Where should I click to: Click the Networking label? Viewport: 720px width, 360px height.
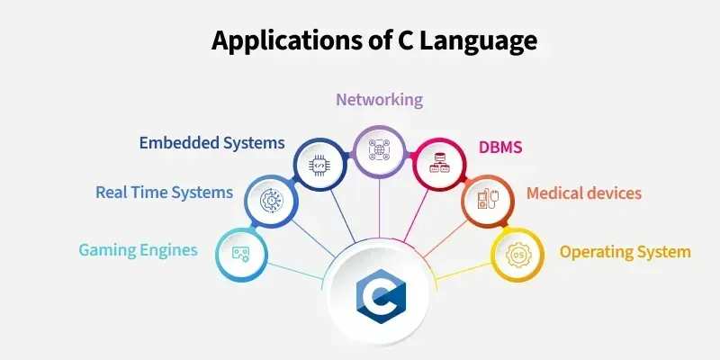pos(379,99)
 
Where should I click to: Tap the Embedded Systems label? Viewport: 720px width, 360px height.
pos(211,142)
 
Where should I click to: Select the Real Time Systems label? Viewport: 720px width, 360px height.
pos(164,192)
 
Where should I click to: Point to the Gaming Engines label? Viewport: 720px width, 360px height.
pos(138,249)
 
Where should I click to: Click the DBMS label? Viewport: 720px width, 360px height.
pos(499,145)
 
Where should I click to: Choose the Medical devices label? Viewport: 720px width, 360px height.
pos(583,193)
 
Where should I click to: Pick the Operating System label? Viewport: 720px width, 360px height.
pos(625,251)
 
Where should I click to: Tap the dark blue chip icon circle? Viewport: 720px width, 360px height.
pos(320,164)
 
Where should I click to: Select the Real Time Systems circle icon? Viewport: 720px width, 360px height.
pos(271,200)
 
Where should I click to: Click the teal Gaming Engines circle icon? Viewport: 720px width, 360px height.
pos(241,254)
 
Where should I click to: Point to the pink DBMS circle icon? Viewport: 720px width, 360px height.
pos(437,164)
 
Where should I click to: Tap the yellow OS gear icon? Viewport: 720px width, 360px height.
pos(517,254)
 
